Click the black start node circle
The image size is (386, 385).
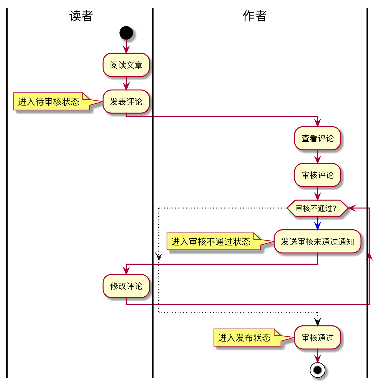pyautogui.click(x=126, y=33)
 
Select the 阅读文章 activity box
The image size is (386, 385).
pyautogui.click(x=126, y=65)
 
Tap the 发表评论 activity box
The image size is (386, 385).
pyautogui.click(x=126, y=102)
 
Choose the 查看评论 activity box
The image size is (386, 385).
pyautogui.click(x=318, y=138)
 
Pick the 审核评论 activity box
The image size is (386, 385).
pyautogui.click(x=318, y=175)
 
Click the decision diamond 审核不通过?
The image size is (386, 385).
pyautogui.click(x=317, y=208)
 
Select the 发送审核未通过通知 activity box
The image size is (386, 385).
pyautogui.click(x=318, y=242)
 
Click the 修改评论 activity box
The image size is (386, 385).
pyautogui.click(x=126, y=286)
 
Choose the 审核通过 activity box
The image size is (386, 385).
pyautogui.click(x=318, y=338)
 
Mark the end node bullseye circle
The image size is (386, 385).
pyautogui.click(x=318, y=370)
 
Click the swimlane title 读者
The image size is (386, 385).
pyautogui.click(x=81, y=16)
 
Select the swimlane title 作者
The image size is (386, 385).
pyautogui.click(x=255, y=16)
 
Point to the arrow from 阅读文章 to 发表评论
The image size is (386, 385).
pyautogui.click(x=126, y=84)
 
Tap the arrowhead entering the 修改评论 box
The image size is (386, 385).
pyautogui.click(x=126, y=271)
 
